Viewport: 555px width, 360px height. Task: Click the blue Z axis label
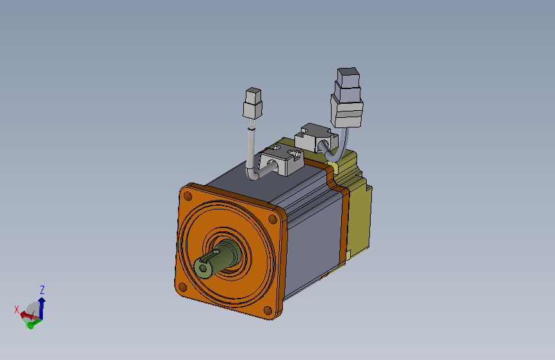[42, 290]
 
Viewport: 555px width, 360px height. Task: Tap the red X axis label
[16, 309]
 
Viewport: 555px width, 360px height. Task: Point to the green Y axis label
[26, 322]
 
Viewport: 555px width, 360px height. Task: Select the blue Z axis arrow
[42, 307]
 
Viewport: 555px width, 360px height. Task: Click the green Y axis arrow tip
[30, 325]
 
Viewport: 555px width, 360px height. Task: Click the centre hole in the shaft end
[203, 268]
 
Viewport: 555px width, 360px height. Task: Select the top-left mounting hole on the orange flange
[188, 195]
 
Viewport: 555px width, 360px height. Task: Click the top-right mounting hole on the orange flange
[273, 219]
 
